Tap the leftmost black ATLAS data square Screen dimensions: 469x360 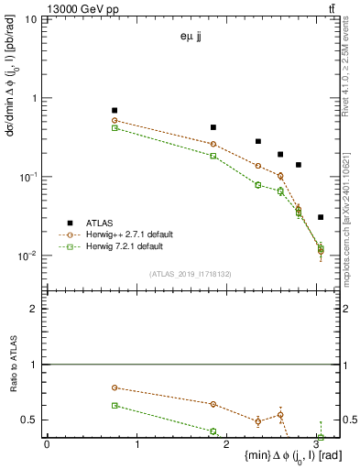click(115, 110)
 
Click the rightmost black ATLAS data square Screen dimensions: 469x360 click(320, 217)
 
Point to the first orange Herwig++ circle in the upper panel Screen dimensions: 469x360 click(115, 120)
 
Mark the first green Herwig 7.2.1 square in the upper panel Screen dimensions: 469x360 click(115, 128)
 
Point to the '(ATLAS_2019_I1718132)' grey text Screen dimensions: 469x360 click(191, 274)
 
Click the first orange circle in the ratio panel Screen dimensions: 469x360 click(115, 387)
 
